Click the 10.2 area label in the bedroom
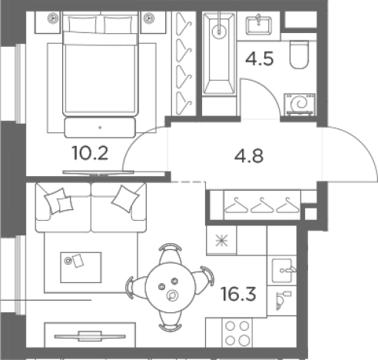pyautogui.click(x=90, y=153)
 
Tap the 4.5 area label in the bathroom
pyautogui.click(x=260, y=59)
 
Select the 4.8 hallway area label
pyautogui.click(x=249, y=156)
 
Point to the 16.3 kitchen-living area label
pyautogui.click(x=238, y=294)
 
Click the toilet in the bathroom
pyautogui.click(x=299, y=55)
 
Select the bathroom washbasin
pyautogui.click(x=259, y=25)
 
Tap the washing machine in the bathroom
pyautogui.click(x=300, y=105)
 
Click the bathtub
pyautogui.click(x=219, y=53)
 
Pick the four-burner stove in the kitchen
pyautogui.click(x=237, y=333)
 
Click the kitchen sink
pyautogui.click(x=282, y=270)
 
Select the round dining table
pyautogui.click(x=171, y=287)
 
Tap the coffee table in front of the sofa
pyautogui.click(x=81, y=268)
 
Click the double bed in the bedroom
pyautogui.click(x=100, y=64)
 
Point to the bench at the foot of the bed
pyautogui.click(x=100, y=128)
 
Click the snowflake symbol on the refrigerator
pyautogui.click(x=221, y=241)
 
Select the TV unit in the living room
pyautogui.click(x=90, y=335)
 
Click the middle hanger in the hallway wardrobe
pyautogui.click(x=262, y=206)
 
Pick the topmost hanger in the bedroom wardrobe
pyautogui.click(x=184, y=24)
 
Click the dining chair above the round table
pyautogui.click(x=171, y=253)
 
